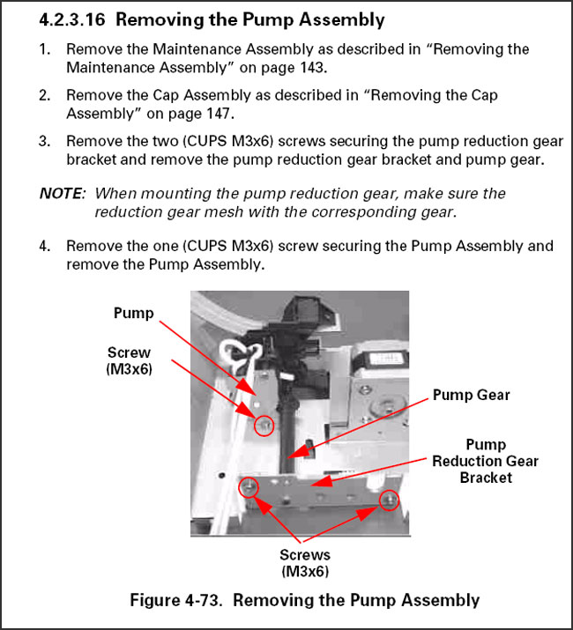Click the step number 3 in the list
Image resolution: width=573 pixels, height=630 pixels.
(43, 141)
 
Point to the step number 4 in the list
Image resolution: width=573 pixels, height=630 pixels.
(43, 246)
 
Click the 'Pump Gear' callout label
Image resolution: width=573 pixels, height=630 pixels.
(471, 396)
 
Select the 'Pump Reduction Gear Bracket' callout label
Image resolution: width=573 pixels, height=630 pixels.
(485, 461)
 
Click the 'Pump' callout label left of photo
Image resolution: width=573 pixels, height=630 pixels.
(133, 314)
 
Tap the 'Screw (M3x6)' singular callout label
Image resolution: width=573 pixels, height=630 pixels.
(130, 361)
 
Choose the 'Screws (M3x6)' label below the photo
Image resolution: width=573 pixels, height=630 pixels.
(304, 563)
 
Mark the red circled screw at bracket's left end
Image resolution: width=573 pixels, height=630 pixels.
(249, 487)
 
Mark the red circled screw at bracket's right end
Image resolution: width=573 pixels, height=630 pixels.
(387, 500)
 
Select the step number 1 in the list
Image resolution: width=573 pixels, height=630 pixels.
(43, 49)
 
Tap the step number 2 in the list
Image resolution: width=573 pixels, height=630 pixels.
(43, 95)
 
